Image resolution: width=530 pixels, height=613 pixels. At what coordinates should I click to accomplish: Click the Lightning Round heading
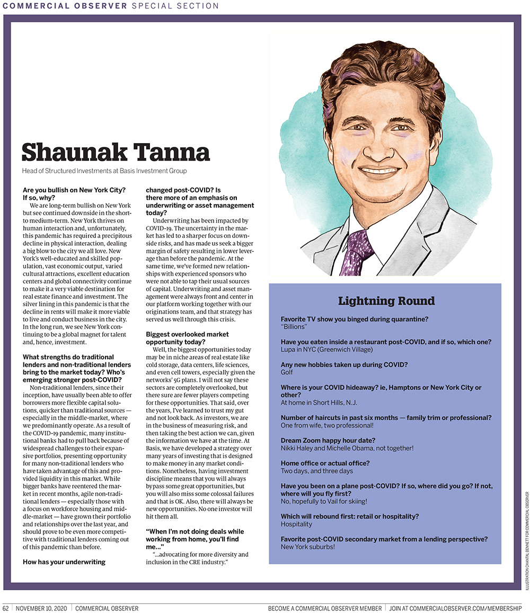point(386,301)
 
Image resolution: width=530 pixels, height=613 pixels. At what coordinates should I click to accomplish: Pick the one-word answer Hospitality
point(296,523)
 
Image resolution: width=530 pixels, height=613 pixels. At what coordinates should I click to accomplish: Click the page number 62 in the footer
point(6,608)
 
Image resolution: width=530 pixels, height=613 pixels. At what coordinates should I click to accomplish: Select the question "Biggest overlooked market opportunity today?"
point(187,338)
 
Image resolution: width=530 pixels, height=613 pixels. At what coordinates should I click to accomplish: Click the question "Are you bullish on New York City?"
point(74,190)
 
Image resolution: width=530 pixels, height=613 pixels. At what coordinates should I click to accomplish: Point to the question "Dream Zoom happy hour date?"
point(328,440)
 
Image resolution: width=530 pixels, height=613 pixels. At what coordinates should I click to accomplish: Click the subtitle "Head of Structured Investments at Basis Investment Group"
point(104,171)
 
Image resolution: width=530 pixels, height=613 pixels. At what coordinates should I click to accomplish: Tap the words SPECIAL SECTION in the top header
point(175,6)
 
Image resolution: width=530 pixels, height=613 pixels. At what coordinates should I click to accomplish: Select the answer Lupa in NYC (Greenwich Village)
point(326,350)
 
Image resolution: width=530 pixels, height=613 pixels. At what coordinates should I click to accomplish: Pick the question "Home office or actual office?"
point(325,463)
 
